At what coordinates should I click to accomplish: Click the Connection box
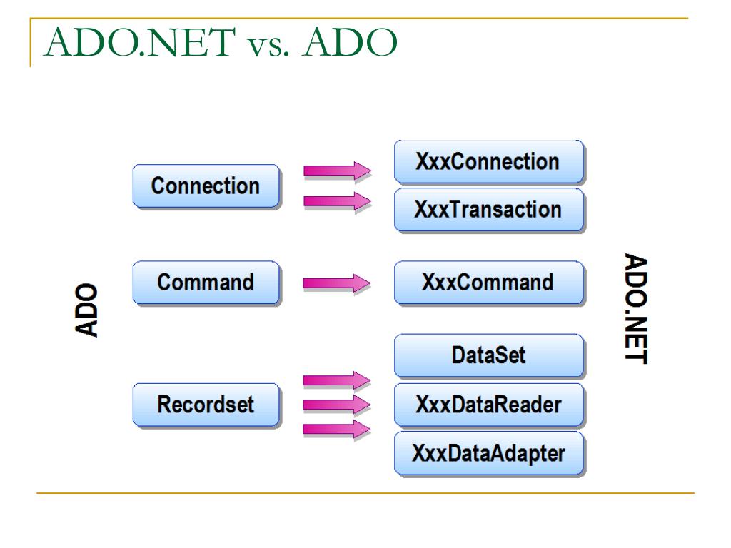pyautogui.click(x=205, y=186)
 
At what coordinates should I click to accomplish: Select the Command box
pyautogui.click(x=205, y=283)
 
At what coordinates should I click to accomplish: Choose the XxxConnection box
pyautogui.click(x=488, y=161)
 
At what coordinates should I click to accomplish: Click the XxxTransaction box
pyautogui.click(x=488, y=210)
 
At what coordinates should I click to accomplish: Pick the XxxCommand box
pyautogui.click(x=488, y=283)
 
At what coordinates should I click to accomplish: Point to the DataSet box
pyautogui.click(x=488, y=356)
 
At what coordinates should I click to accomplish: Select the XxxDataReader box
pyautogui.click(x=488, y=405)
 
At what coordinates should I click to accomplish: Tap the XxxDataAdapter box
pyautogui.click(x=488, y=453)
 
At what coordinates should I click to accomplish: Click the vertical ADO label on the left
pyautogui.click(x=86, y=312)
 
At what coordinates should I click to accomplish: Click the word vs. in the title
pyautogui.click(x=267, y=44)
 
